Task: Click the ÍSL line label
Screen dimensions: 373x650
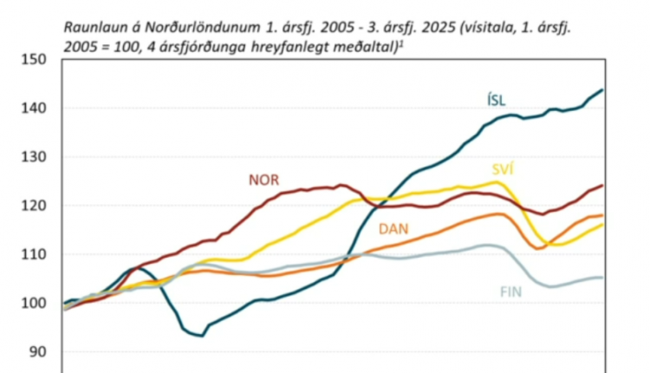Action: [x=497, y=99]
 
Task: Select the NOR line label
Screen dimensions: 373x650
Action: [x=263, y=180]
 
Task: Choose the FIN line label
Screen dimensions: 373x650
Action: [x=512, y=291]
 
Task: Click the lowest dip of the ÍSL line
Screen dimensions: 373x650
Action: [x=200, y=336]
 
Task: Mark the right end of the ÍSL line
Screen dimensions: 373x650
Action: [x=602, y=89]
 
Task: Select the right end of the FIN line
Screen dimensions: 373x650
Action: [x=602, y=278]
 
